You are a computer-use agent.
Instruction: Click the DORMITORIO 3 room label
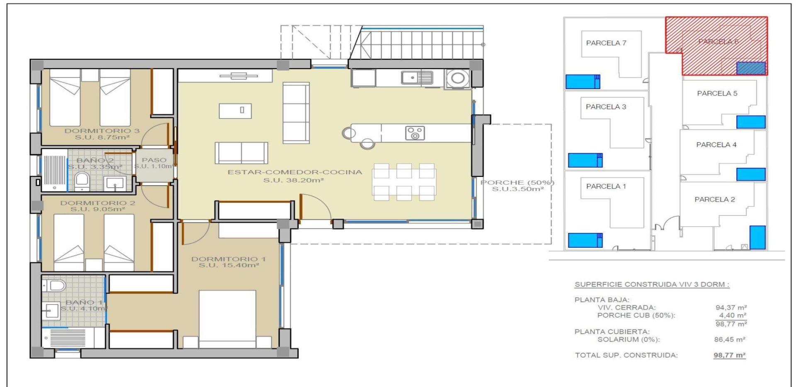102,131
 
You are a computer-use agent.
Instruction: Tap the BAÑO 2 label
95,160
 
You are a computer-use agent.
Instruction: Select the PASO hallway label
154,160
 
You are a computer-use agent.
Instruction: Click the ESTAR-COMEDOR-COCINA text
294,172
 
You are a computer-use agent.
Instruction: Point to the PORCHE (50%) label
517,183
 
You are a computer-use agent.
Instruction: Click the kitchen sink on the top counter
417,77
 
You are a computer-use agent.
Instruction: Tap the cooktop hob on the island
415,133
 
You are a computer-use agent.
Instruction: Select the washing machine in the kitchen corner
458,78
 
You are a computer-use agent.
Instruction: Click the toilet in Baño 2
82,181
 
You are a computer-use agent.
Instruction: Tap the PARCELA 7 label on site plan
606,43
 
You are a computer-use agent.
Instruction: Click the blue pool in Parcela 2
757,237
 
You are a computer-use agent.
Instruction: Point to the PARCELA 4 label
716,145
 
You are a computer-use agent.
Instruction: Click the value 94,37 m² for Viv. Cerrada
731,307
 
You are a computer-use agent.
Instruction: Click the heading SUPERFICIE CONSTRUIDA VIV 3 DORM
651,285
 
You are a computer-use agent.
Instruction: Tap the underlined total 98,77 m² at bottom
729,355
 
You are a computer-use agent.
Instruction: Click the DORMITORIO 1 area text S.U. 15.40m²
228,265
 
